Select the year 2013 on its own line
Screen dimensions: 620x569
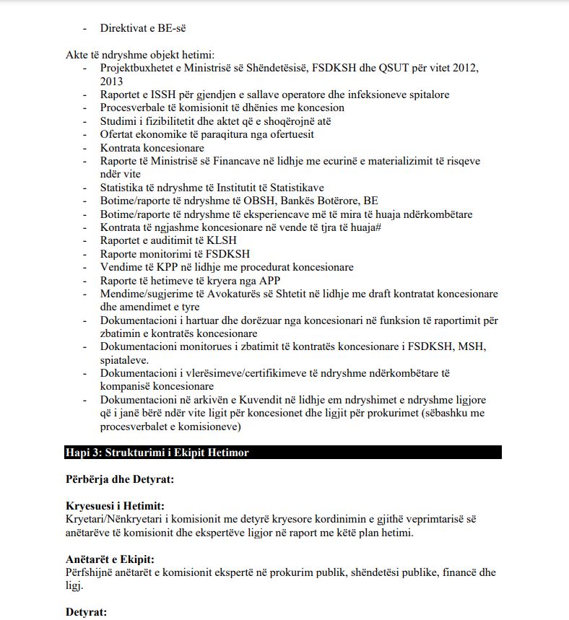coord(113,81)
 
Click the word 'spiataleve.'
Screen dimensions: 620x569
coord(125,359)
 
